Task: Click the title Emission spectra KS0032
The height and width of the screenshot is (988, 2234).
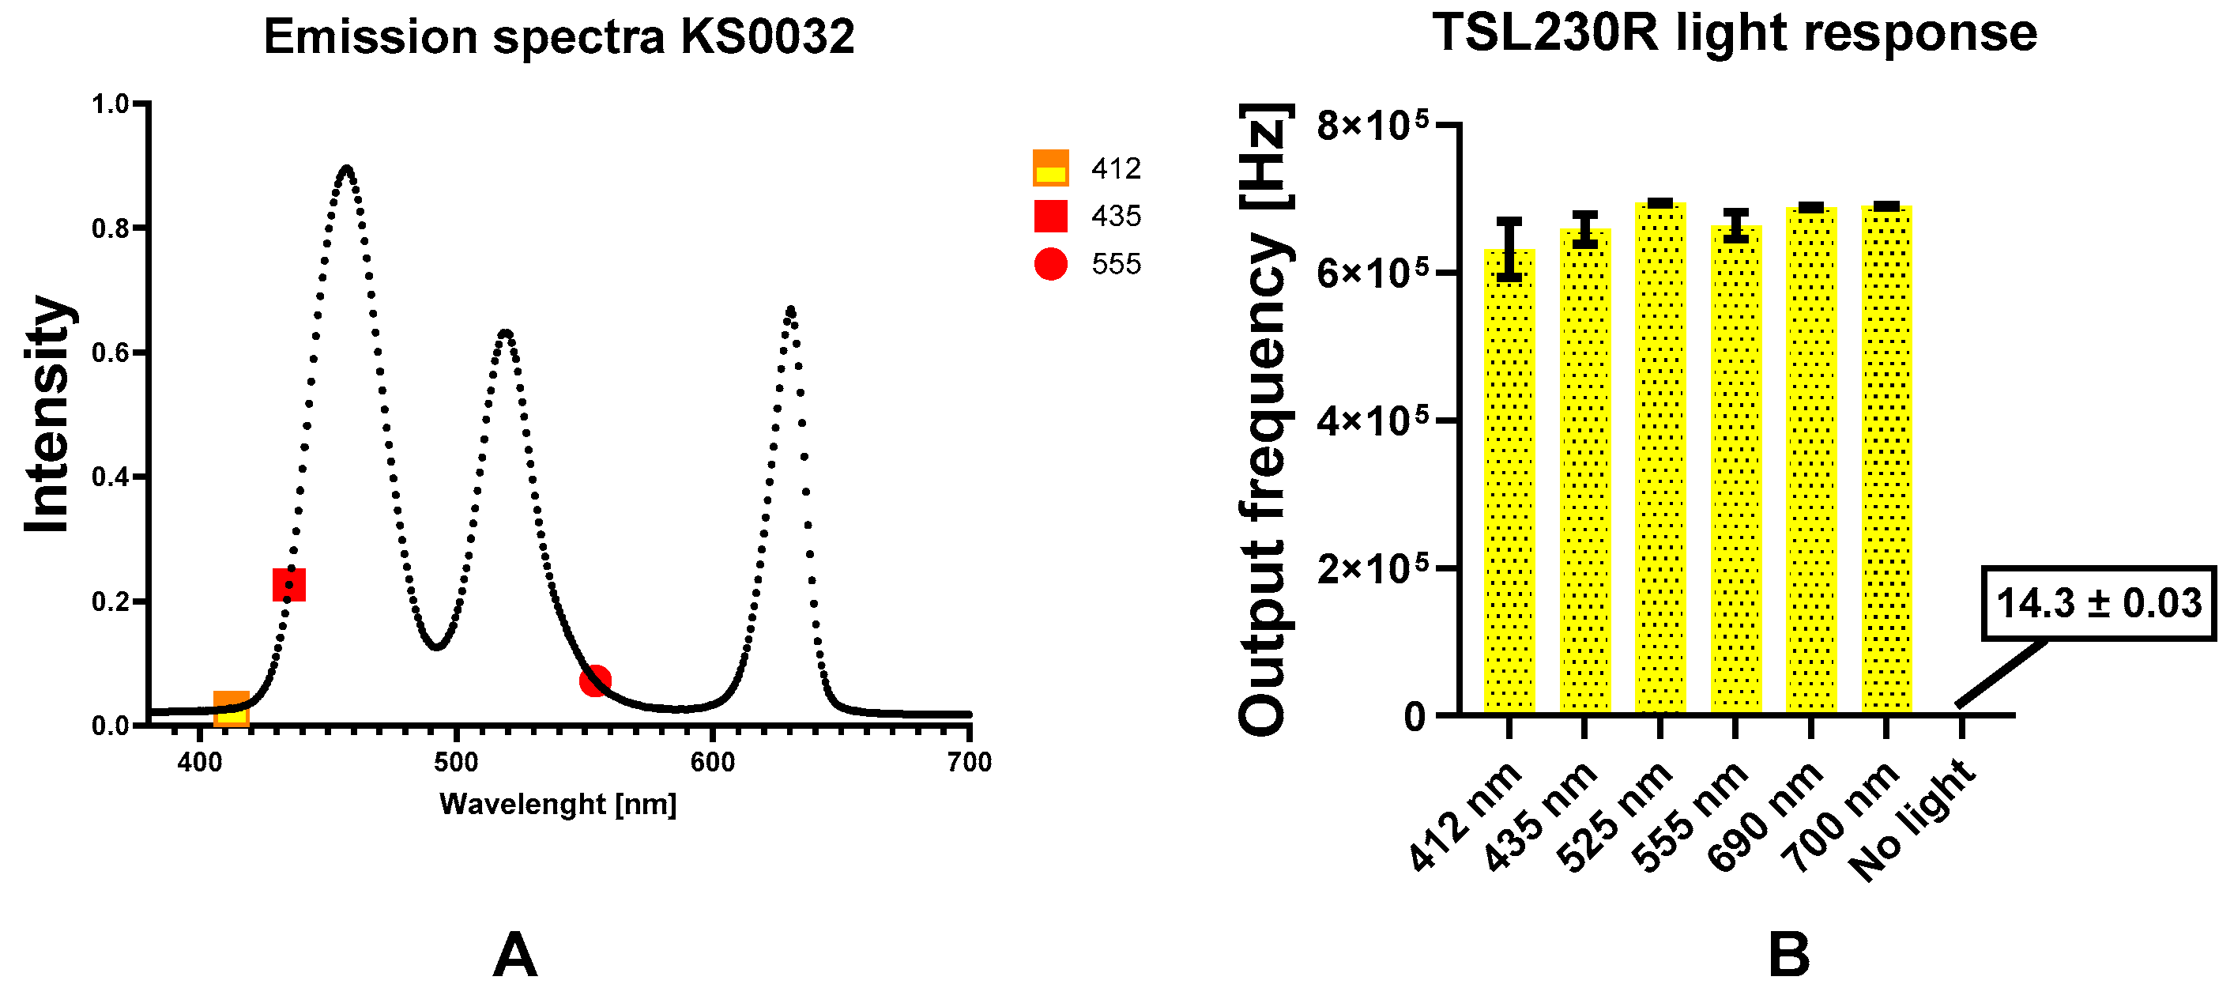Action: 559,36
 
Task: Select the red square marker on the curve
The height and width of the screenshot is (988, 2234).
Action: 288,585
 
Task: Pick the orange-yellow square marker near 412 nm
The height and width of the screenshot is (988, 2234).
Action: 232,709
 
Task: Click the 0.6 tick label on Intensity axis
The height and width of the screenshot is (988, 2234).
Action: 110,353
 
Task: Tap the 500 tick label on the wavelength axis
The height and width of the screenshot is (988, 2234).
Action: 456,763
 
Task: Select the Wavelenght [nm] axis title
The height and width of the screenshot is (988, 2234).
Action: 558,804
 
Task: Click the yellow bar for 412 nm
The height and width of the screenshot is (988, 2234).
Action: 1509,486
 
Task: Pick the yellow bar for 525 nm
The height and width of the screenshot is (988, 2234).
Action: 1659,460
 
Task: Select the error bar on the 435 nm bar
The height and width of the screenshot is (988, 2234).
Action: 1584,230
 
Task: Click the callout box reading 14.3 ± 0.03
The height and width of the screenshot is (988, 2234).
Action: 2099,603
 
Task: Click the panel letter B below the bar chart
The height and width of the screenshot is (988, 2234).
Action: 1789,955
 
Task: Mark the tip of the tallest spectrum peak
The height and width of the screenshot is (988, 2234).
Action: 347,167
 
